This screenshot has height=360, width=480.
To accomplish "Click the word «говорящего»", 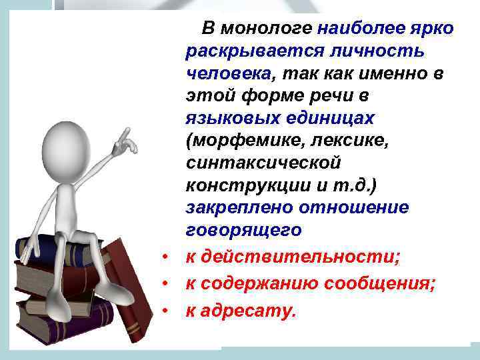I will pyautogui.click(x=244, y=231).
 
